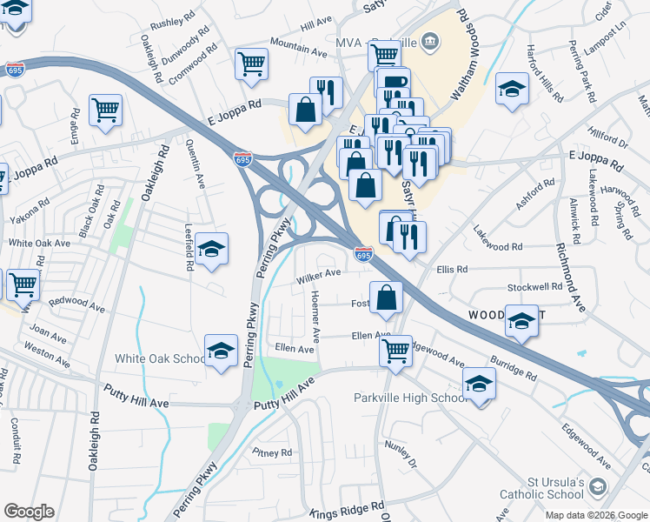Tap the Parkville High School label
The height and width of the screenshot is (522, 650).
point(410,398)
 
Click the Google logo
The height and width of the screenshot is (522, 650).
point(29,512)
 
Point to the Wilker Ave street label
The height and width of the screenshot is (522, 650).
point(317,276)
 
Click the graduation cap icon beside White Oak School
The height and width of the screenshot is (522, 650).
point(222,351)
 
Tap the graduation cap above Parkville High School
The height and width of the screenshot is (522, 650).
point(479,382)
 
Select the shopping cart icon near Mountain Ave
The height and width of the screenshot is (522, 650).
point(251,63)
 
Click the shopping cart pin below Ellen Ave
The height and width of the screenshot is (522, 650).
point(395,351)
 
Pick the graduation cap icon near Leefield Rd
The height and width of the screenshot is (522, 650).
point(211,250)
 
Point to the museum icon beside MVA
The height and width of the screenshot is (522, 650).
point(431,40)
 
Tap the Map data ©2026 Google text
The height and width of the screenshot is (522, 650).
point(596,515)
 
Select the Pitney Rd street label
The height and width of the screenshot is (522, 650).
point(272,453)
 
